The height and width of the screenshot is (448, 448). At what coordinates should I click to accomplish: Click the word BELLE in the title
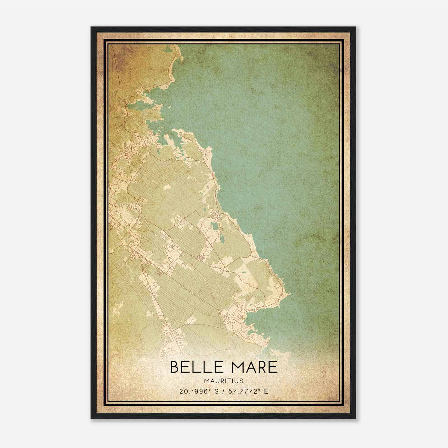click(193, 367)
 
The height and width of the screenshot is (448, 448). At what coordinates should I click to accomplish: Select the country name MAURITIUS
click(224, 381)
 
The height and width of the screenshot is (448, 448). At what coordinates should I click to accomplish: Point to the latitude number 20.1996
click(193, 391)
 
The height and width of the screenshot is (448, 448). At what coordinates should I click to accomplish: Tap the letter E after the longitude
click(266, 391)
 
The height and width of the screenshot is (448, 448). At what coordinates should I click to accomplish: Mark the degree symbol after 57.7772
click(259, 389)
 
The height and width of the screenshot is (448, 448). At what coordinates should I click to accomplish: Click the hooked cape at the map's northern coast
click(179, 59)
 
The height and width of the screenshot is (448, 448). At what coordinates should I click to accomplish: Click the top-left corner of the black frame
click(92, 27)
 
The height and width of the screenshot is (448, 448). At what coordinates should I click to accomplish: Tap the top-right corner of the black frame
click(355, 27)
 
